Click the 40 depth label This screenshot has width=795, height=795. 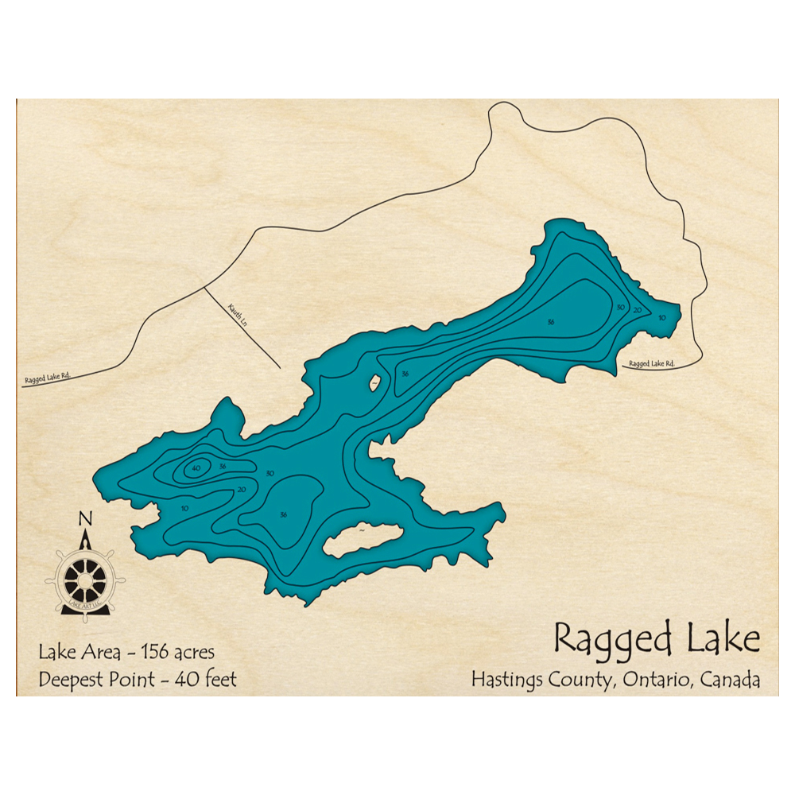(x=195, y=468)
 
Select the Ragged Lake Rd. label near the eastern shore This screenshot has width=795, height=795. (x=651, y=364)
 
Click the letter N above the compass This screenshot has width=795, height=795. (x=85, y=520)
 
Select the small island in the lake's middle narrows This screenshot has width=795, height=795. (x=373, y=384)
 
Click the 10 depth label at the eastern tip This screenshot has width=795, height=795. (x=662, y=317)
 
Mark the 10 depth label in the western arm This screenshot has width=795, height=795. (x=185, y=508)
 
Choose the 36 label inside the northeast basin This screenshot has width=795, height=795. (x=550, y=322)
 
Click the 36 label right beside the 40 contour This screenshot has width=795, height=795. (x=223, y=466)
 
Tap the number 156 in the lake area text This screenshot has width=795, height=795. (x=157, y=653)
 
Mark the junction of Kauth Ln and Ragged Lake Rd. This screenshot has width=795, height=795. (x=205, y=287)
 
